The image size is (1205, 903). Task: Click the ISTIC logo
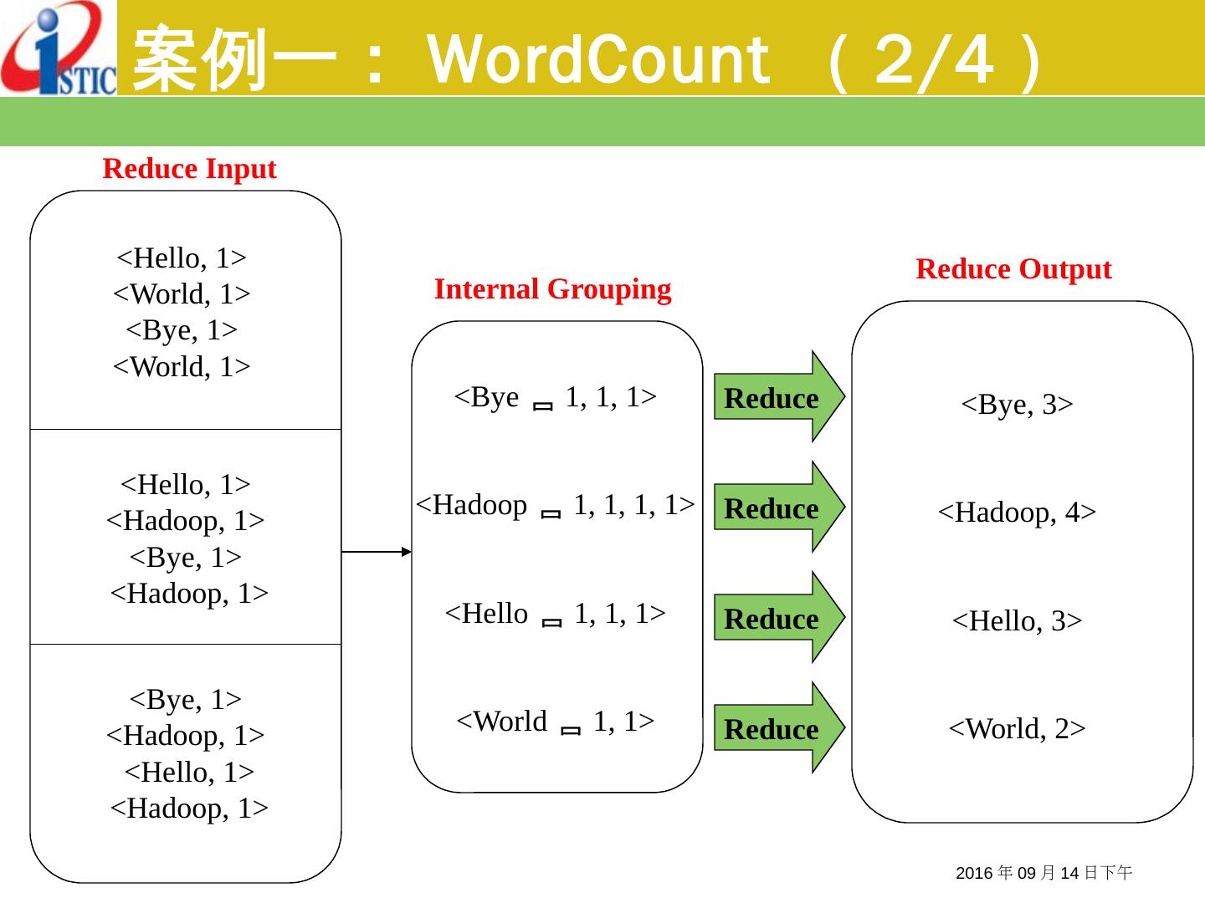[59, 48]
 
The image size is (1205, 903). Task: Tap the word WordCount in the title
[597, 60]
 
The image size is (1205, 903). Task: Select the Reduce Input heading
[189, 169]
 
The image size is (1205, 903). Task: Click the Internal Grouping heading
[552, 289]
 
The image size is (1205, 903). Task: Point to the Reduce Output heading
[1013, 269]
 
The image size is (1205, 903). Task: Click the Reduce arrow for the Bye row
[777, 398]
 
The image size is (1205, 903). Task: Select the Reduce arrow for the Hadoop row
[777, 508]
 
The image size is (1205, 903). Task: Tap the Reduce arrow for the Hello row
[777, 619]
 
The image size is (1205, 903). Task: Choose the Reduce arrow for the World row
[777, 729]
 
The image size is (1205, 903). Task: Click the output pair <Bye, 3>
[1017, 405]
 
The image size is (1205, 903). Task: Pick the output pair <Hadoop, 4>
[1017, 512]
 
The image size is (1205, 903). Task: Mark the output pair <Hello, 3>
[1017, 620]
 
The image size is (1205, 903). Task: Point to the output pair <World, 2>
[1017, 729]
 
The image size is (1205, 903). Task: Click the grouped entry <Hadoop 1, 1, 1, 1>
[556, 505]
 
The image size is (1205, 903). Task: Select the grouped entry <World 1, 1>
[556, 721]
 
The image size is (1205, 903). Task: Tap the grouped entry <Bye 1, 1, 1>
[556, 397]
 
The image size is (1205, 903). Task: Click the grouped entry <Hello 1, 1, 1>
[556, 614]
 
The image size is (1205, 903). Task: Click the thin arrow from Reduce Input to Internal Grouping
[377, 552]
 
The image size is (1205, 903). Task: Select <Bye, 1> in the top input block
[182, 330]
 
